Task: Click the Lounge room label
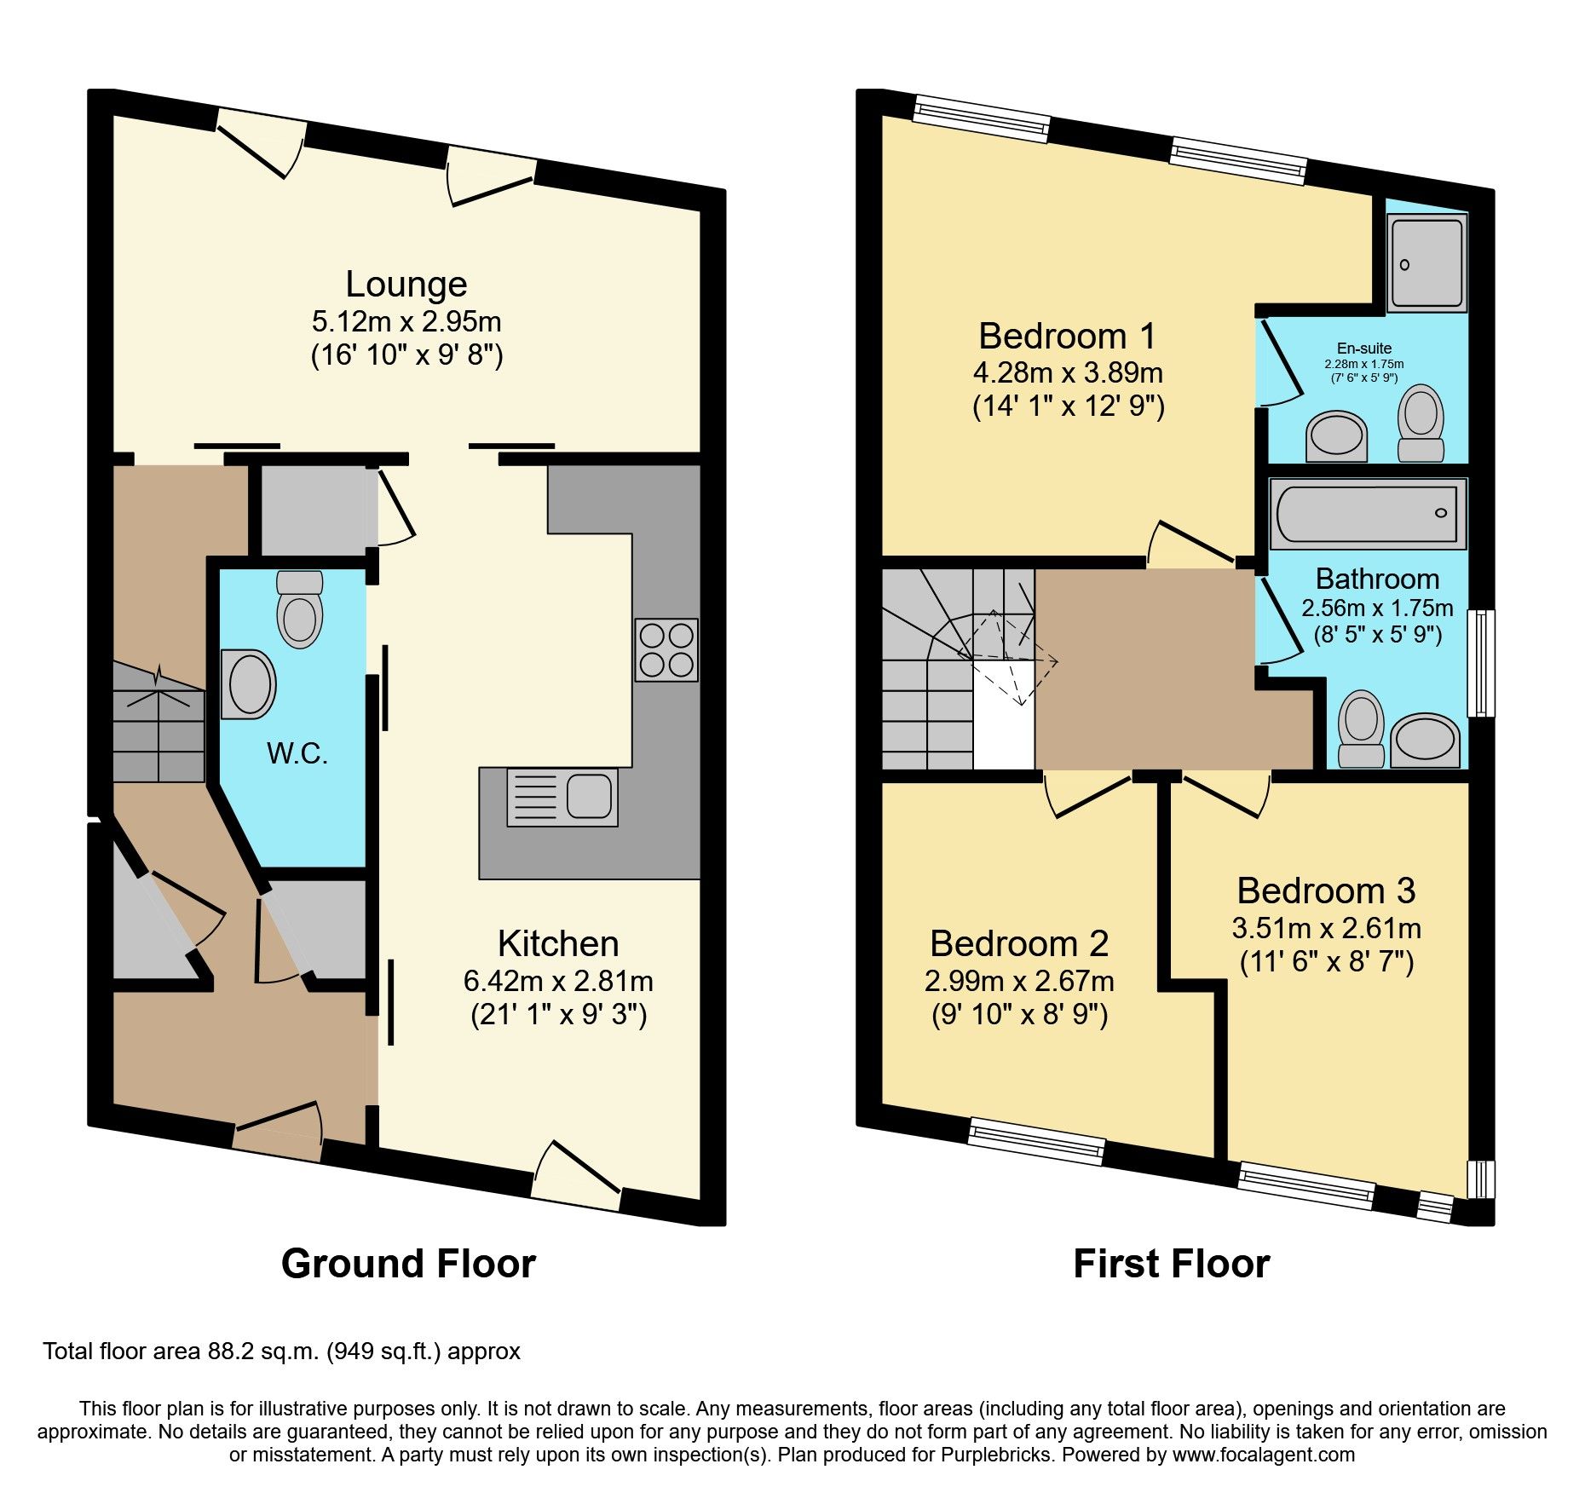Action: [406, 285]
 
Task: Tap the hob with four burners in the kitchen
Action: [666, 649]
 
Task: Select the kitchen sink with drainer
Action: [562, 798]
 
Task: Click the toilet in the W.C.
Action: [300, 609]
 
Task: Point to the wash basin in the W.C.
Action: [248, 684]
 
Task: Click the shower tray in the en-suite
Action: [1426, 263]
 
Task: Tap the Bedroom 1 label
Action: [1067, 336]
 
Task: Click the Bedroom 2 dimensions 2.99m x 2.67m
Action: [1019, 982]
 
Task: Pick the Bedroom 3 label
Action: [1326, 890]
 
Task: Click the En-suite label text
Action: [1364, 348]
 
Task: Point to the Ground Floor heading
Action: [408, 1264]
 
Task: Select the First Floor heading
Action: [1171, 1264]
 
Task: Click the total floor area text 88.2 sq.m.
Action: [281, 1352]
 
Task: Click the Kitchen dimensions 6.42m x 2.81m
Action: [558, 982]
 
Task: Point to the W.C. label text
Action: [297, 753]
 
